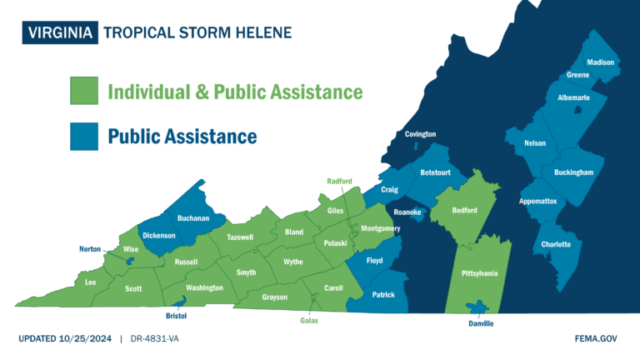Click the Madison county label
(x=600, y=62)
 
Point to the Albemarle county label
(x=573, y=97)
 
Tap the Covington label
(x=420, y=134)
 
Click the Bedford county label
(x=464, y=211)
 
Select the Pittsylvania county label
(x=479, y=272)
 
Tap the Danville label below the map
(x=481, y=323)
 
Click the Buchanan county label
(x=192, y=218)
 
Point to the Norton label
(x=90, y=249)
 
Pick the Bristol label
(x=176, y=317)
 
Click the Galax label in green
(x=309, y=320)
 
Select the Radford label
(x=339, y=181)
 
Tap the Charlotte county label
(x=556, y=244)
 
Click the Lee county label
(x=91, y=282)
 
